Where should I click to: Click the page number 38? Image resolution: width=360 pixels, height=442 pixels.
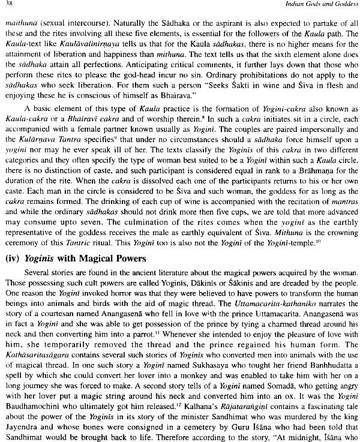click(11, 5)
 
